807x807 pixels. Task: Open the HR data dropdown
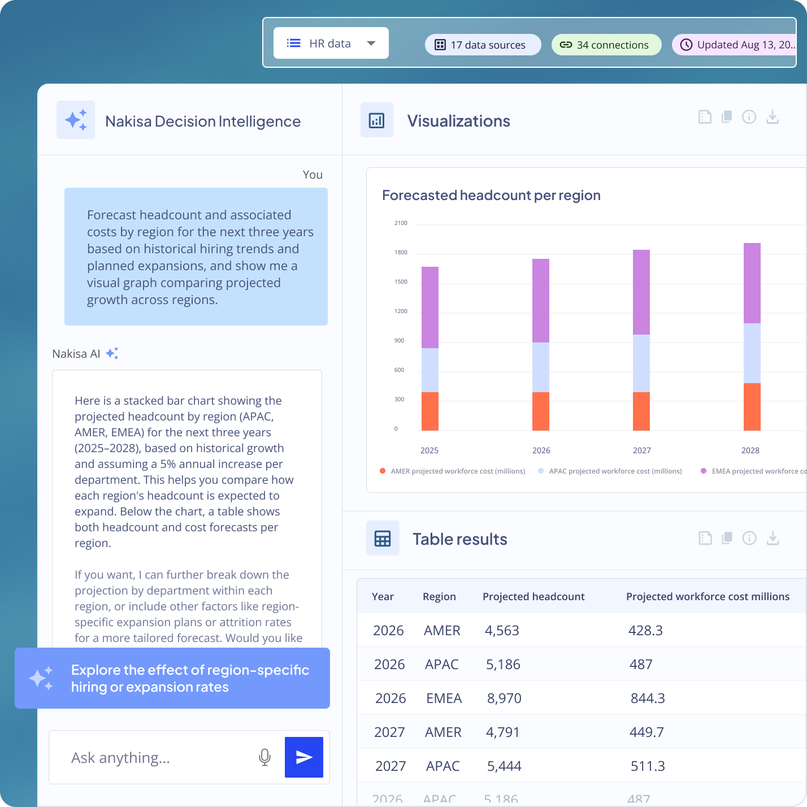tap(331, 44)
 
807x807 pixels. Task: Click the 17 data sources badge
tap(483, 45)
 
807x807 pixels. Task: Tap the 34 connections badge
tap(606, 45)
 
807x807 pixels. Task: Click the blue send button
tap(304, 757)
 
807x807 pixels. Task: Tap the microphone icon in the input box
tap(264, 757)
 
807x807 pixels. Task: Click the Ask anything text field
tap(158, 757)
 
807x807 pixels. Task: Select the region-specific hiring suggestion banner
tap(172, 678)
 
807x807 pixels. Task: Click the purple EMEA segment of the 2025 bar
tap(430, 307)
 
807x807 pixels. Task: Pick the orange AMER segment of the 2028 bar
tap(752, 407)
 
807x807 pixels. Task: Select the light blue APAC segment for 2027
tap(641, 363)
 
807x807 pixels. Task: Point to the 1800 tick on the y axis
tap(401, 253)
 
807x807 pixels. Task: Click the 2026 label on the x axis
tap(541, 450)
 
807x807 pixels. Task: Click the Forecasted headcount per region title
tap(491, 196)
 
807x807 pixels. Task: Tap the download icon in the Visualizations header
tap(773, 117)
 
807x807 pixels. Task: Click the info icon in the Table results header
tap(749, 538)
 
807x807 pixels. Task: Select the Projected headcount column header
tap(533, 597)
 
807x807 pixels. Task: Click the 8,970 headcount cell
tap(504, 698)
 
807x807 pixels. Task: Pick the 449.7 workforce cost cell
tap(647, 732)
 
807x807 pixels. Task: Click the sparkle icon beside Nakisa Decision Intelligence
tap(76, 120)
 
